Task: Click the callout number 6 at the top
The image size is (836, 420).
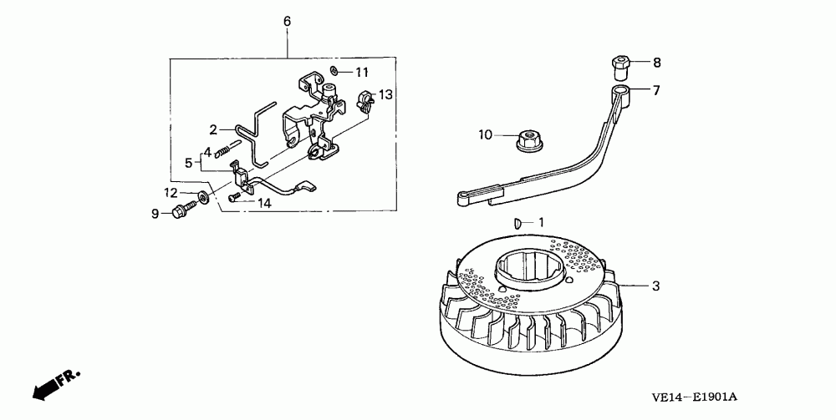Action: (287, 20)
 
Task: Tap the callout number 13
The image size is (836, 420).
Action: (385, 95)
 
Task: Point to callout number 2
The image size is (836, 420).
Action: (213, 129)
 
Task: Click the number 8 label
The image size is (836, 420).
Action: (656, 63)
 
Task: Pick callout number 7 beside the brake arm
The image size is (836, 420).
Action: (656, 90)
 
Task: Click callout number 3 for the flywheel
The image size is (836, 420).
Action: (656, 286)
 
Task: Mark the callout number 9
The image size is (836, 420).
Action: (155, 214)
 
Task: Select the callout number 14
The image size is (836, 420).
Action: (264, 202)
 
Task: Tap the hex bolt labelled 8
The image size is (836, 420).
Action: (619, 63)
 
